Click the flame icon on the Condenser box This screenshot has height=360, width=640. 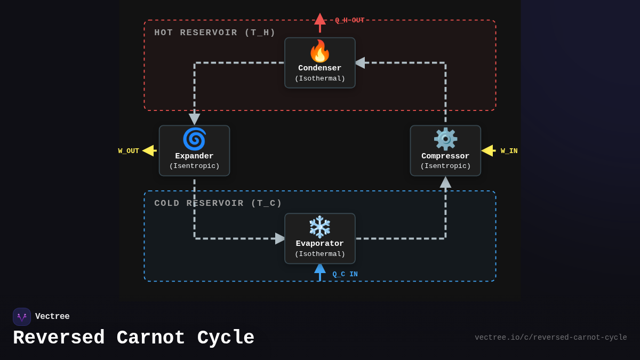coord(320,51)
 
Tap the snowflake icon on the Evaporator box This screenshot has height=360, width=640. coord(320,227)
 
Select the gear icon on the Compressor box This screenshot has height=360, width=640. coord(445,139)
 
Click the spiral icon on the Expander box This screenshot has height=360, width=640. coord(194,139)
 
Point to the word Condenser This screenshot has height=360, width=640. coord(320,68)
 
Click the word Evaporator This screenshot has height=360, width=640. coord(320,244)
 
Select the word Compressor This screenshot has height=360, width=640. coord(445,156)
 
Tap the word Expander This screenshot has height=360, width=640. coord(194,156)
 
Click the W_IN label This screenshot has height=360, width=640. coord(509,151)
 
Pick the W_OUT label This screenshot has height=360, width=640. coord(129,151)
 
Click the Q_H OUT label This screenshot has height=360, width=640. coord(349,20)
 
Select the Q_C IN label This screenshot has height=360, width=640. coord(345,274)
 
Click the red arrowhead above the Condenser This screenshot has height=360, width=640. coord(320,19)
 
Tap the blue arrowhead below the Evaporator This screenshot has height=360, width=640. coord(320,268)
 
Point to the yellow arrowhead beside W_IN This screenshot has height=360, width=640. coord(487,151)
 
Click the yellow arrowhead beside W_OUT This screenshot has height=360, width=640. coord(148,151)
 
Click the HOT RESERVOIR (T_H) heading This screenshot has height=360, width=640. coord(215,33)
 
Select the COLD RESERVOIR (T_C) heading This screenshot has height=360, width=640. coord(218,203)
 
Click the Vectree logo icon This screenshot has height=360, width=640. coord(22,317)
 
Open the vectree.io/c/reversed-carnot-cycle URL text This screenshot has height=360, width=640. coord(550,338)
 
